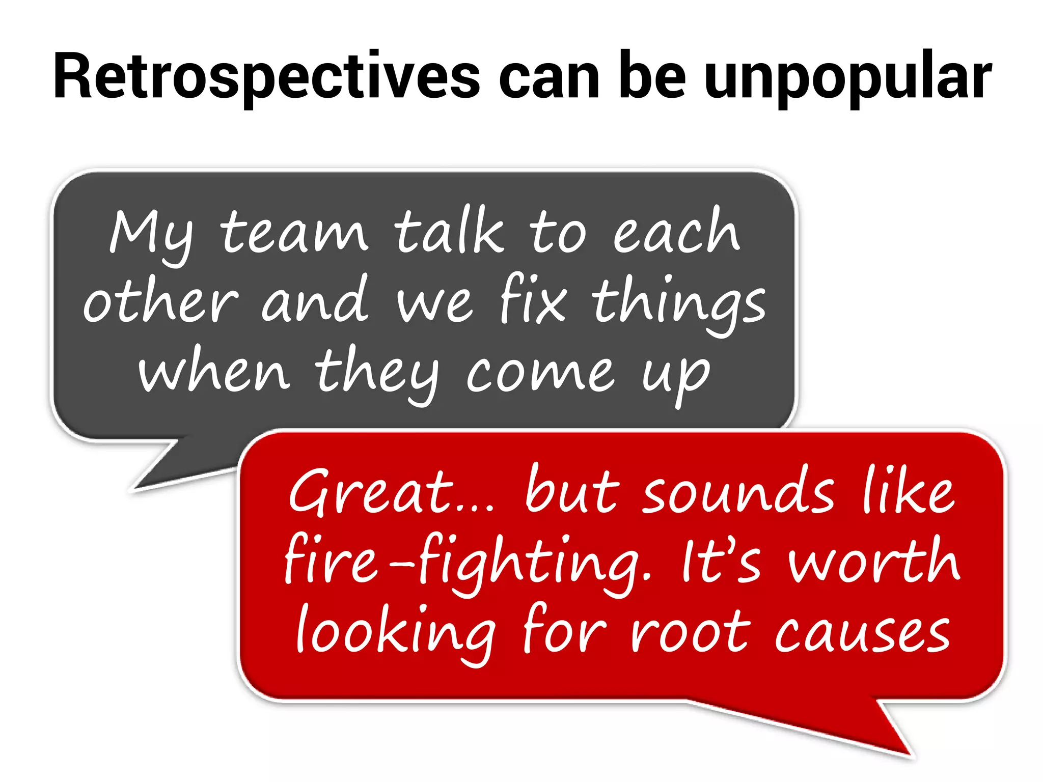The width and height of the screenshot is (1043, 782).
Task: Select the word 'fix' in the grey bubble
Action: click(x=533, y=300)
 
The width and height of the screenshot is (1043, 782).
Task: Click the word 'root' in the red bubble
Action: click(x=691, y=631)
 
